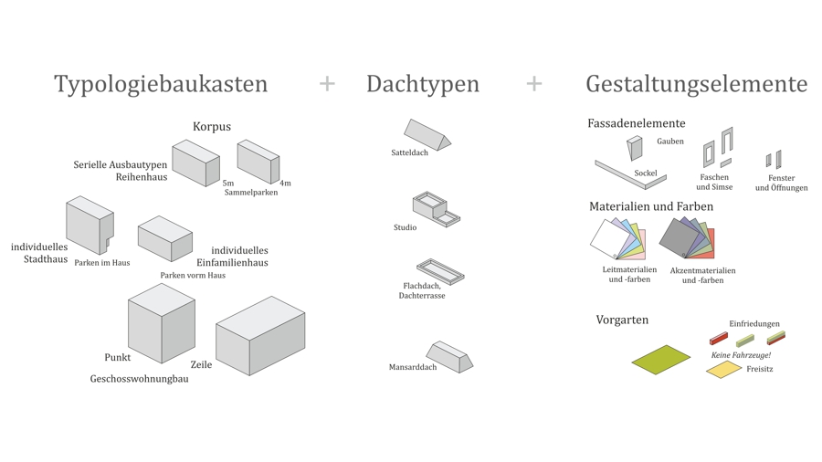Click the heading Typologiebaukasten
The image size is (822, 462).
click(161, 84)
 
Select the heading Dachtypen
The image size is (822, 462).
click(422, 84)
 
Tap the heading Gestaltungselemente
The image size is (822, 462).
click(696, 84)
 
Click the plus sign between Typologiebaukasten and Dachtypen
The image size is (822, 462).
click(327, 84)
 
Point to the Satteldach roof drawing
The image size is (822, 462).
click(427, 135)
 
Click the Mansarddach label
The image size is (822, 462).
click(413, 367)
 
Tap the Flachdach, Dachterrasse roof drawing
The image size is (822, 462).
click(440, 270)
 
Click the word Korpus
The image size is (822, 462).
click(211, 127)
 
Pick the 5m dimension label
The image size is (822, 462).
click(228, 184)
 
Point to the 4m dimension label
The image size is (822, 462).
click(285, 184)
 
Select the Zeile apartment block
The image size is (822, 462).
click(260, 335)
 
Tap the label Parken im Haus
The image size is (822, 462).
click(102, 263)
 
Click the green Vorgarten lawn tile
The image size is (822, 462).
click(660, 360)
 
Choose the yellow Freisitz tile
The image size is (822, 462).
click(723, 369)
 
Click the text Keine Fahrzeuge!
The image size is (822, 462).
click(741, 355)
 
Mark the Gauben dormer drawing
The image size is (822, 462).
click(635, 147)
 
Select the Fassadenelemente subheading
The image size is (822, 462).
click(636, 123)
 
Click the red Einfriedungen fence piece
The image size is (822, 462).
click(719, 339)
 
